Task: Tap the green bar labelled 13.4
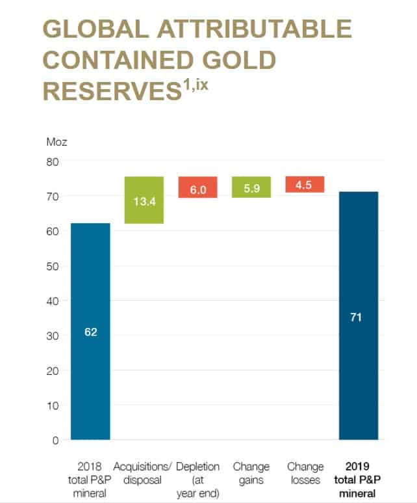(144, 200)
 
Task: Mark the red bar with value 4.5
(304, 185)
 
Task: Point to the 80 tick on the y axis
(51, 161)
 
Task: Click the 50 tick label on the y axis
(51, 266)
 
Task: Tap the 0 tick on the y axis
(56, 441)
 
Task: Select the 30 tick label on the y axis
(51, 336)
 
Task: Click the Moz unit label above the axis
(57, 141)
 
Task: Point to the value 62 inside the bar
(90, 332)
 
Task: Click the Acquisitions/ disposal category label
(144, 474)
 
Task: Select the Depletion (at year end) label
(197, 480)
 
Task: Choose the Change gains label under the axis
(251, 474)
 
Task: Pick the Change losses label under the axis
(304, 474)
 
